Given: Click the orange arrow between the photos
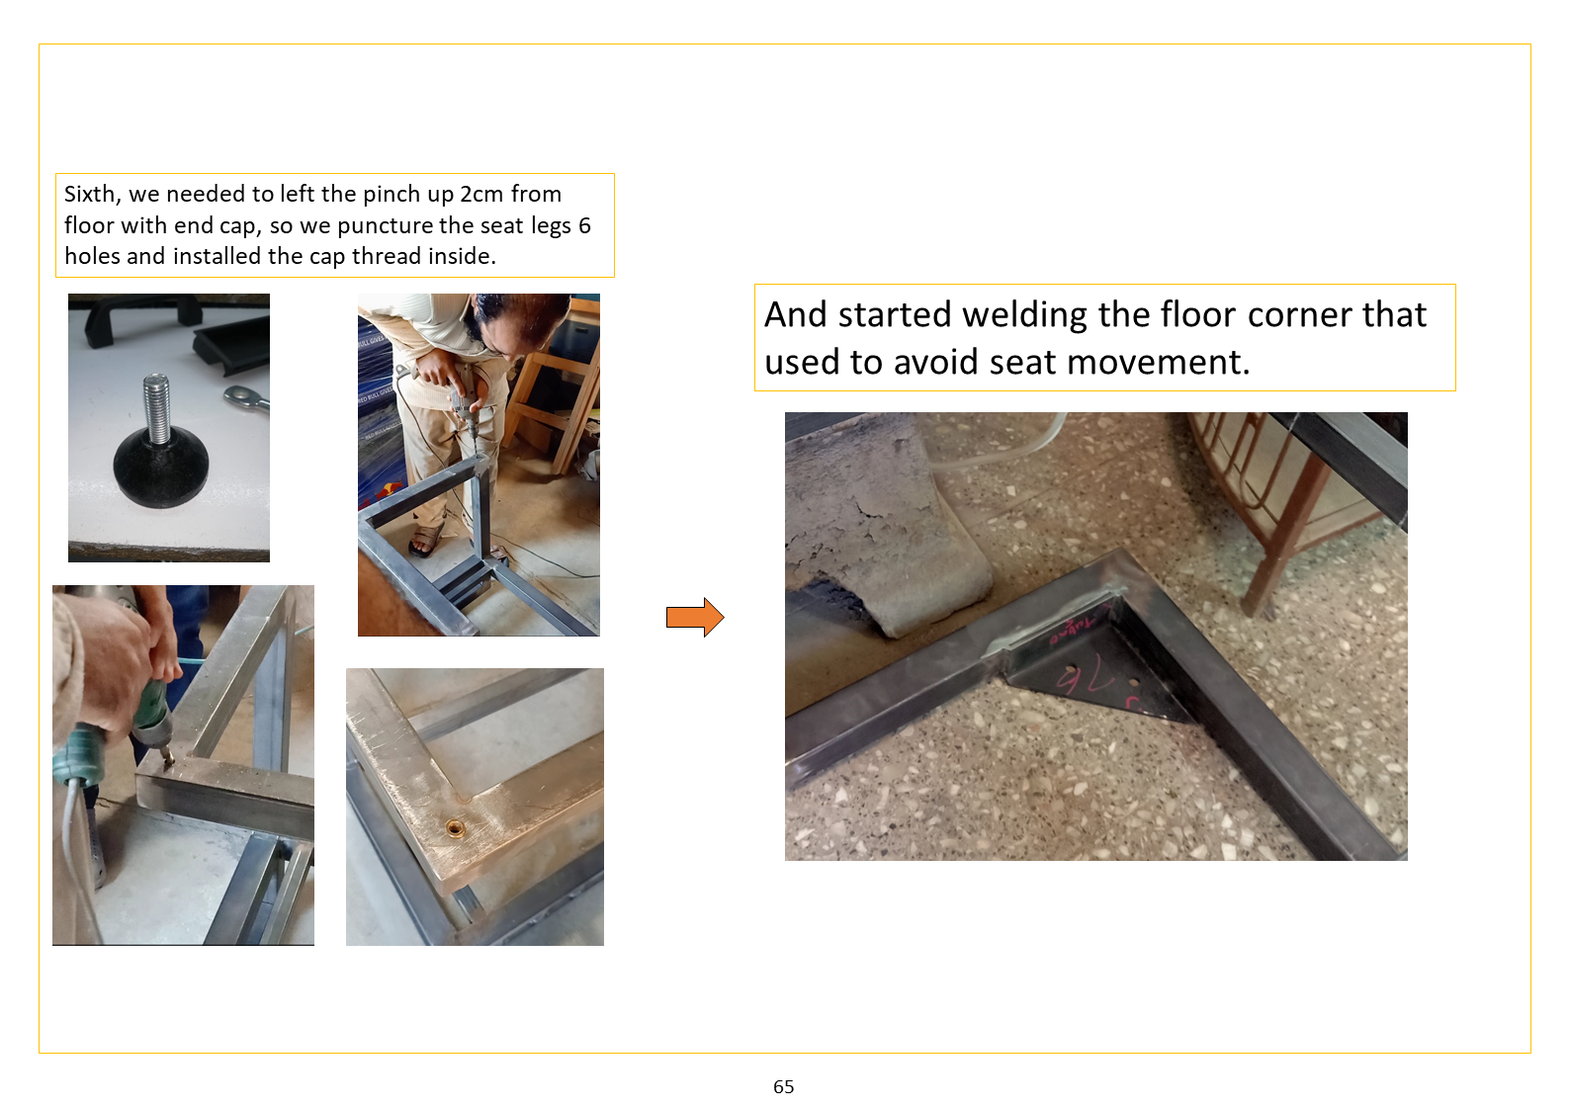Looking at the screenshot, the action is tap(694, 617).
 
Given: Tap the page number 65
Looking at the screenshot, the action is tap(783, 1086).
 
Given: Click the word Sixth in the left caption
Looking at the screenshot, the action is tap(92, 195).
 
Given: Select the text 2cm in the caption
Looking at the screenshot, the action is tap(481, 194).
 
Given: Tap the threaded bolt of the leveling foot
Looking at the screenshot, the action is tap(156, 409).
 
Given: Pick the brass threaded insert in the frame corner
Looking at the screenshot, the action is tap(456, 829).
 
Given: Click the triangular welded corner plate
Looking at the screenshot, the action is tap(1092, 665).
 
